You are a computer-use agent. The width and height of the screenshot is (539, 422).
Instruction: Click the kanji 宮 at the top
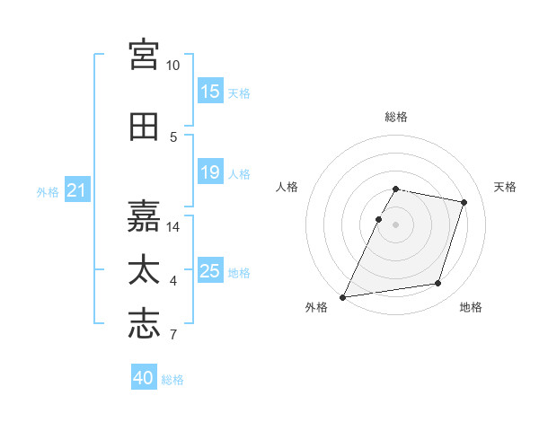(x=144, y=55)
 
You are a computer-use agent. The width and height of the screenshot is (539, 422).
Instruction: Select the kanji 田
(x=144, y=127)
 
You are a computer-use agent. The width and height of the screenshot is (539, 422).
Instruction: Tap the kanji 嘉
(x=144, y=216)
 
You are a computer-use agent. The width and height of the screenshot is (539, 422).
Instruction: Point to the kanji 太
(x=144, y=269)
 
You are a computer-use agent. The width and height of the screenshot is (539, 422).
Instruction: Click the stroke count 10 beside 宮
(x=172, y=66)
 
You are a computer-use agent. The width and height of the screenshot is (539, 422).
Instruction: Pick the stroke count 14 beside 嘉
(x=172, y=227)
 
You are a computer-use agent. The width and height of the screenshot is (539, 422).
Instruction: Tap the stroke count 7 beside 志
(x=173, y=334)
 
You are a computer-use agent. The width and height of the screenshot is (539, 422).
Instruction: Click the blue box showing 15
(x=210, y=91)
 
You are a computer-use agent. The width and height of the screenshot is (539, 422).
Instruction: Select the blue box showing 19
(x=210, y=171)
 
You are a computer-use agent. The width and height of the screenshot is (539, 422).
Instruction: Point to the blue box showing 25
(x=210, y=269)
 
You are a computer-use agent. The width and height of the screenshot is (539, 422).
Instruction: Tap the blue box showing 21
(x=77, y=189)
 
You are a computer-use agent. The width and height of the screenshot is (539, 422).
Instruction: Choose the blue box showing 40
(x=144, y=376)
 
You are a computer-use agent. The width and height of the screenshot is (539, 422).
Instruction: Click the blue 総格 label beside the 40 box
(x=172, y=380)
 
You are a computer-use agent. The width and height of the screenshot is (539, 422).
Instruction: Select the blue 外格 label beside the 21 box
(x=48, y=192)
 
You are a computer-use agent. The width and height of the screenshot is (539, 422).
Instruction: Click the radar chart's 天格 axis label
(x=505, y=187)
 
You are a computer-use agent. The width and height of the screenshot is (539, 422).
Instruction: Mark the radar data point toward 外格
(x=342, y=297)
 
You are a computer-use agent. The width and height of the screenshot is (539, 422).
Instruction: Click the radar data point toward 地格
(x=438, y=284)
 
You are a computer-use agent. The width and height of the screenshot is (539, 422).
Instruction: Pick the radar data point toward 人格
(x=378, y=219)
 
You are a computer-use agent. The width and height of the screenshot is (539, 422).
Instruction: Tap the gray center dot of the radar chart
(x=395, y=224)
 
